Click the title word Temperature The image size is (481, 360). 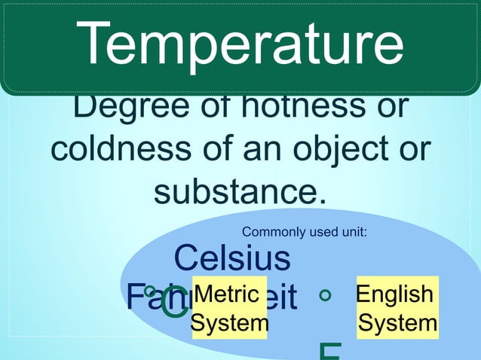240,44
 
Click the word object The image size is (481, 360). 340,151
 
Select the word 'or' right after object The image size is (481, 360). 415,149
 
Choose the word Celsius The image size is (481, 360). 232,258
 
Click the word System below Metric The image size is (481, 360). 229,324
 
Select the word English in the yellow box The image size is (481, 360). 395,294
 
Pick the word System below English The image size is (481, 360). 397,324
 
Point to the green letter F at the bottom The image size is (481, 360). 330,352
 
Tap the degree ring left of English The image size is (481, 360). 325,295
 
